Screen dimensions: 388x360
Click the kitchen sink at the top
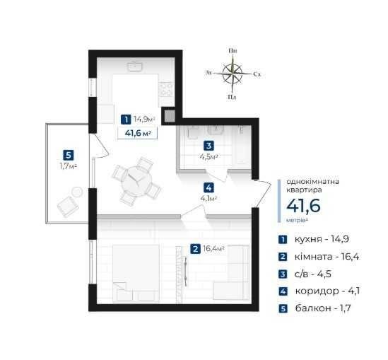(x=134, y=66)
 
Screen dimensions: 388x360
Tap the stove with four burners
(x=166, y=88)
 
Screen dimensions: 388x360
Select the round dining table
(x=136, y=181)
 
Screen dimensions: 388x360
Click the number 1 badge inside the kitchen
(x=126, y=120)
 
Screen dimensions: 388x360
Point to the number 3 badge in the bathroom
(x=209, y=146)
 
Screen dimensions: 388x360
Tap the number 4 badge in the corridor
(x=208, y=188)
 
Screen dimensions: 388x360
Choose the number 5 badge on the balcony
(x=69, y=156)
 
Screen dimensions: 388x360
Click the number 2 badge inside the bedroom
(x=195, y=249)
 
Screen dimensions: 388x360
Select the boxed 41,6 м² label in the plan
(x=138, y=133)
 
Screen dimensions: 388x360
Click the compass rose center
(x=233, y=74)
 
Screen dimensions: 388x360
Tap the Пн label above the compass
(x=233, y=51)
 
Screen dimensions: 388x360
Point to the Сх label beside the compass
(x=257, y=74)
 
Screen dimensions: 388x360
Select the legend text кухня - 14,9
(x=322, y=240)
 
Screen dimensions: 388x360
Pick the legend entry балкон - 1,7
(x=323, y=308)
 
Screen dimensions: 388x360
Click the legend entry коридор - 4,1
(x=327, y=291)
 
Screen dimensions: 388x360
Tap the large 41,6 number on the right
(x=303, y=206)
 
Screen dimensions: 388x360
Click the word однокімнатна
(x=313, y=182)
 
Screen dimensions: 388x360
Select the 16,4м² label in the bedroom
(x=213, y=248)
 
